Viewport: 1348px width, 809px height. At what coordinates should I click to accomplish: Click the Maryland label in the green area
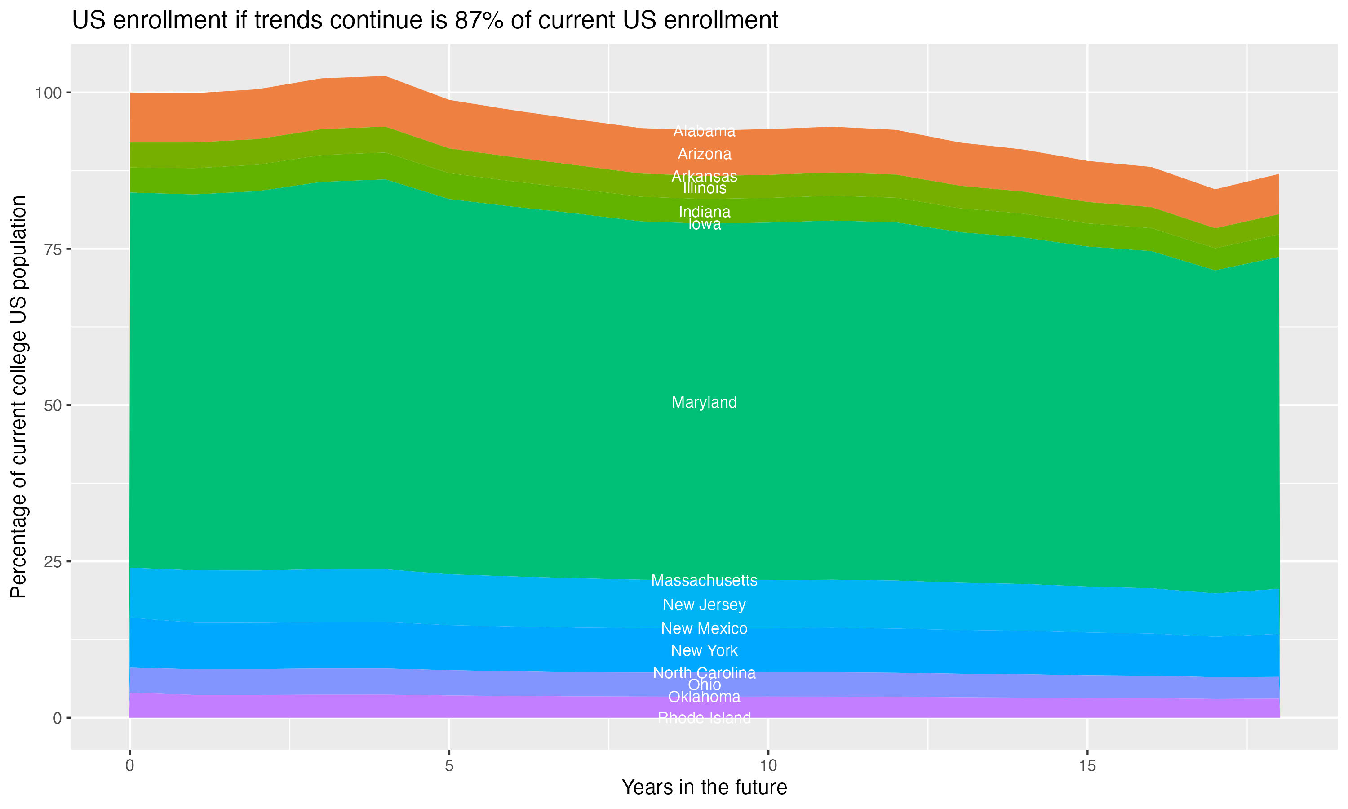(704, 403)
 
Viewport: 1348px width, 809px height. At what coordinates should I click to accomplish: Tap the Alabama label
(704, 131)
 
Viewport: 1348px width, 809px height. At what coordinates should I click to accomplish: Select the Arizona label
(704, 154)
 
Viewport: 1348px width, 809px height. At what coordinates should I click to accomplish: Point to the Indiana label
(704, 212)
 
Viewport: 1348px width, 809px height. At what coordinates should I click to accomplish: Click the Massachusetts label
(704, 581)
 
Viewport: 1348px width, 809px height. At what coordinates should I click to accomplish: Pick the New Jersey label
(704, 605)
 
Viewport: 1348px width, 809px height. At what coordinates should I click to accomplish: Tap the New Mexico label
(704, 629)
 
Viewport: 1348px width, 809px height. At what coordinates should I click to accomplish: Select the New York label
(704, 650)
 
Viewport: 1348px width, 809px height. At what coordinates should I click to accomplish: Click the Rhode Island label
(704, 718)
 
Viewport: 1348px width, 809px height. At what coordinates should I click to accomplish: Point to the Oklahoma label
(704, 697)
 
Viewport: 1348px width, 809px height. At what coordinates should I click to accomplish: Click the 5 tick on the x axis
(449, 766)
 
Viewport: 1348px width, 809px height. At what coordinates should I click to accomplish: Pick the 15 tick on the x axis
(1087, 766)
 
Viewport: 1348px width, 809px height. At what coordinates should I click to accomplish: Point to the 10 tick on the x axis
(768, 766)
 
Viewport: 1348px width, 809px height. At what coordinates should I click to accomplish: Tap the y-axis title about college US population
(18, 396)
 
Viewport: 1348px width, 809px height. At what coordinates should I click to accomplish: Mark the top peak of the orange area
(385, 76)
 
